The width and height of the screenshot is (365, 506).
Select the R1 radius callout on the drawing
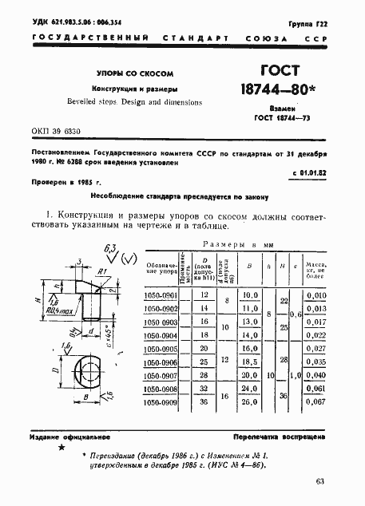(105, 272)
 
